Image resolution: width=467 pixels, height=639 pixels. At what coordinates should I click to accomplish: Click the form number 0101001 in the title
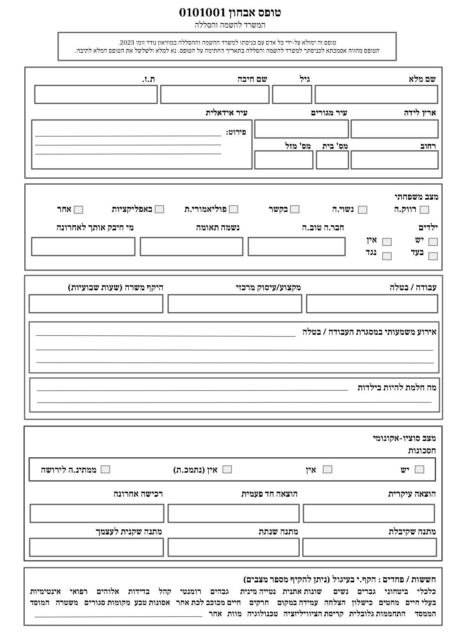(x=202, y=13)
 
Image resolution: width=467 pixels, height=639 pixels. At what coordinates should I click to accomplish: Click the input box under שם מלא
(x=376, y=94)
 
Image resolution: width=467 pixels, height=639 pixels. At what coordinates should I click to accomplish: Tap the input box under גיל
(x=292, y=94)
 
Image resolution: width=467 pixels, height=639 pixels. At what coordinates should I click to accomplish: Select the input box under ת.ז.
(x=96, y=94)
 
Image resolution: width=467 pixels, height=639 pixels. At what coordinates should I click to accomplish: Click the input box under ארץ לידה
(x=394, y=129)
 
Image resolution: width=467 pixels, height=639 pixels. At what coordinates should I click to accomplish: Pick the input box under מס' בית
(x=332, y=160)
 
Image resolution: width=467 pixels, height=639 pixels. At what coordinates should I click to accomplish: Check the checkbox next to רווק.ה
(x=424, y=210)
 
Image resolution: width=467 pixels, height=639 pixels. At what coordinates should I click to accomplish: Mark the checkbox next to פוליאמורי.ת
(x=234, y=209)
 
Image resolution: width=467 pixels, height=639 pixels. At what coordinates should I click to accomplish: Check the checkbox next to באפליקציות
(x=159, y=209)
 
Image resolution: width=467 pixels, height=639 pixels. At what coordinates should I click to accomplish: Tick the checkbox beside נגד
(x=387, y=256)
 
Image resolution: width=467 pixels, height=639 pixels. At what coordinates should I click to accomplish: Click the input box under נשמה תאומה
(x=192, y=247)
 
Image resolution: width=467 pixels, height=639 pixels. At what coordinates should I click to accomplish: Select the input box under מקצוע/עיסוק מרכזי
(x=235, y=304)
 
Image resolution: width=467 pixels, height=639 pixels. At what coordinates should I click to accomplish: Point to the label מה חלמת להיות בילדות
(x=397, y=388)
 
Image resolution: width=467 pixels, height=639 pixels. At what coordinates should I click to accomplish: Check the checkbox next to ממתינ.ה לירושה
(x=106, y=469)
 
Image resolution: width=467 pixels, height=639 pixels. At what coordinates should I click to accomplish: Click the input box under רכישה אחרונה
(x=97, y=514)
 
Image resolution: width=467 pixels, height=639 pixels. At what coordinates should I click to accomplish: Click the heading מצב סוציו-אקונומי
(x=404, y=438)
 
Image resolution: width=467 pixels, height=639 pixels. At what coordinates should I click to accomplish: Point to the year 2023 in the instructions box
(x=126, y=43)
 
